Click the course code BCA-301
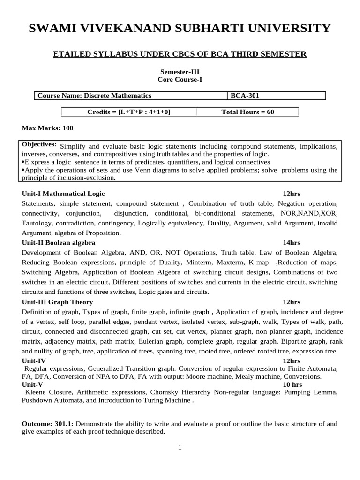[245, 96]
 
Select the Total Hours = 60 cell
[247, 112]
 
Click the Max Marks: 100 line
[47, 128]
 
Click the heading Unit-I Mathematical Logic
[63, 194]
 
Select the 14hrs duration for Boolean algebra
[292, 242]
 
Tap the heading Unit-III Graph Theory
[57, 302]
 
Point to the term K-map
[260, 262]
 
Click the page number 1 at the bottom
[180, 447]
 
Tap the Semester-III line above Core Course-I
[180, 72]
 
